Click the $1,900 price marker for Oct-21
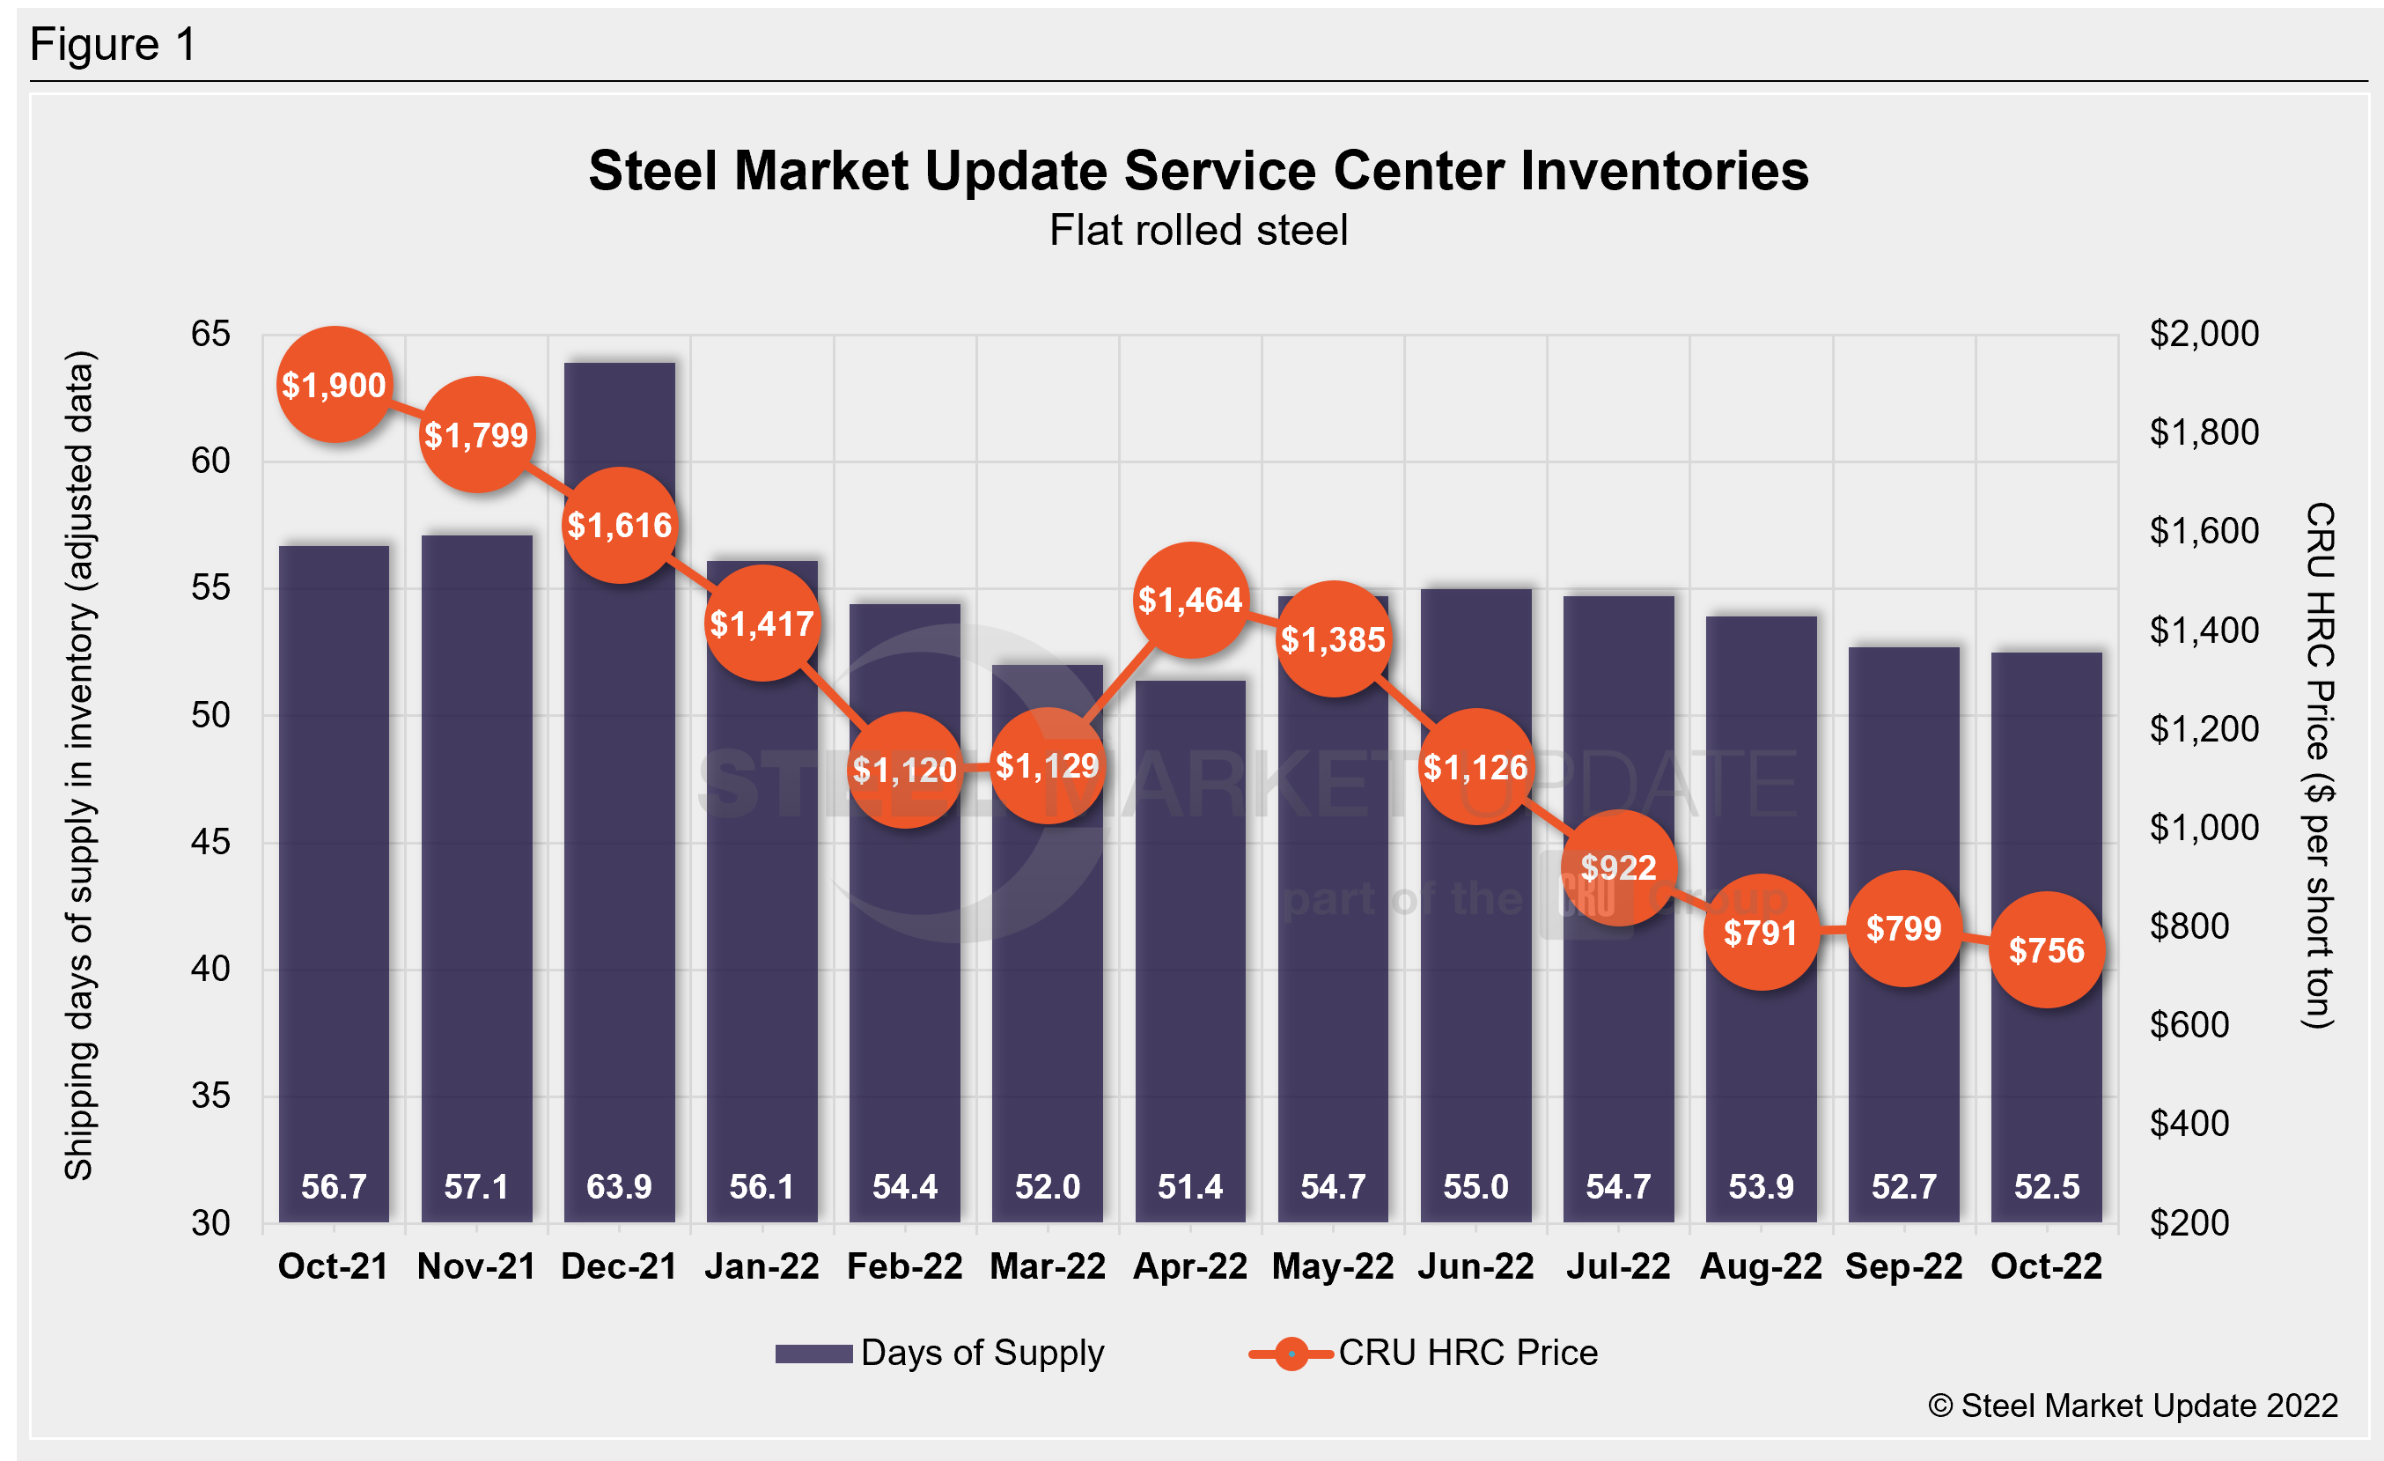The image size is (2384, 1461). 334,385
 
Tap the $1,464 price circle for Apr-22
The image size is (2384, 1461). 1190,600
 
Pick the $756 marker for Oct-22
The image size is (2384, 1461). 2046,950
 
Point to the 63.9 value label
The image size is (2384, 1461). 619,1186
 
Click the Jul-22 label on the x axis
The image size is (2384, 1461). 1619,1265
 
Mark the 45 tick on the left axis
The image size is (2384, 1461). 211,842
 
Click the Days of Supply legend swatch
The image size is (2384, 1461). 813,1353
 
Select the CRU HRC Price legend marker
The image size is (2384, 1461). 1291,1353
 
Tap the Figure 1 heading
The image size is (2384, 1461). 114,45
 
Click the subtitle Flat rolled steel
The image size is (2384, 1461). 1198,230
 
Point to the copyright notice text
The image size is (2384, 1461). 2132,1405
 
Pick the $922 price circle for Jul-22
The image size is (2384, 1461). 1619,867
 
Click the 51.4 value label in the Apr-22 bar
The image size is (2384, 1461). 1190,1186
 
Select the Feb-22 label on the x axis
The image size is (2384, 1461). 905,1265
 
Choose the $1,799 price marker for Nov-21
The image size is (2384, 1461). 476,434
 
